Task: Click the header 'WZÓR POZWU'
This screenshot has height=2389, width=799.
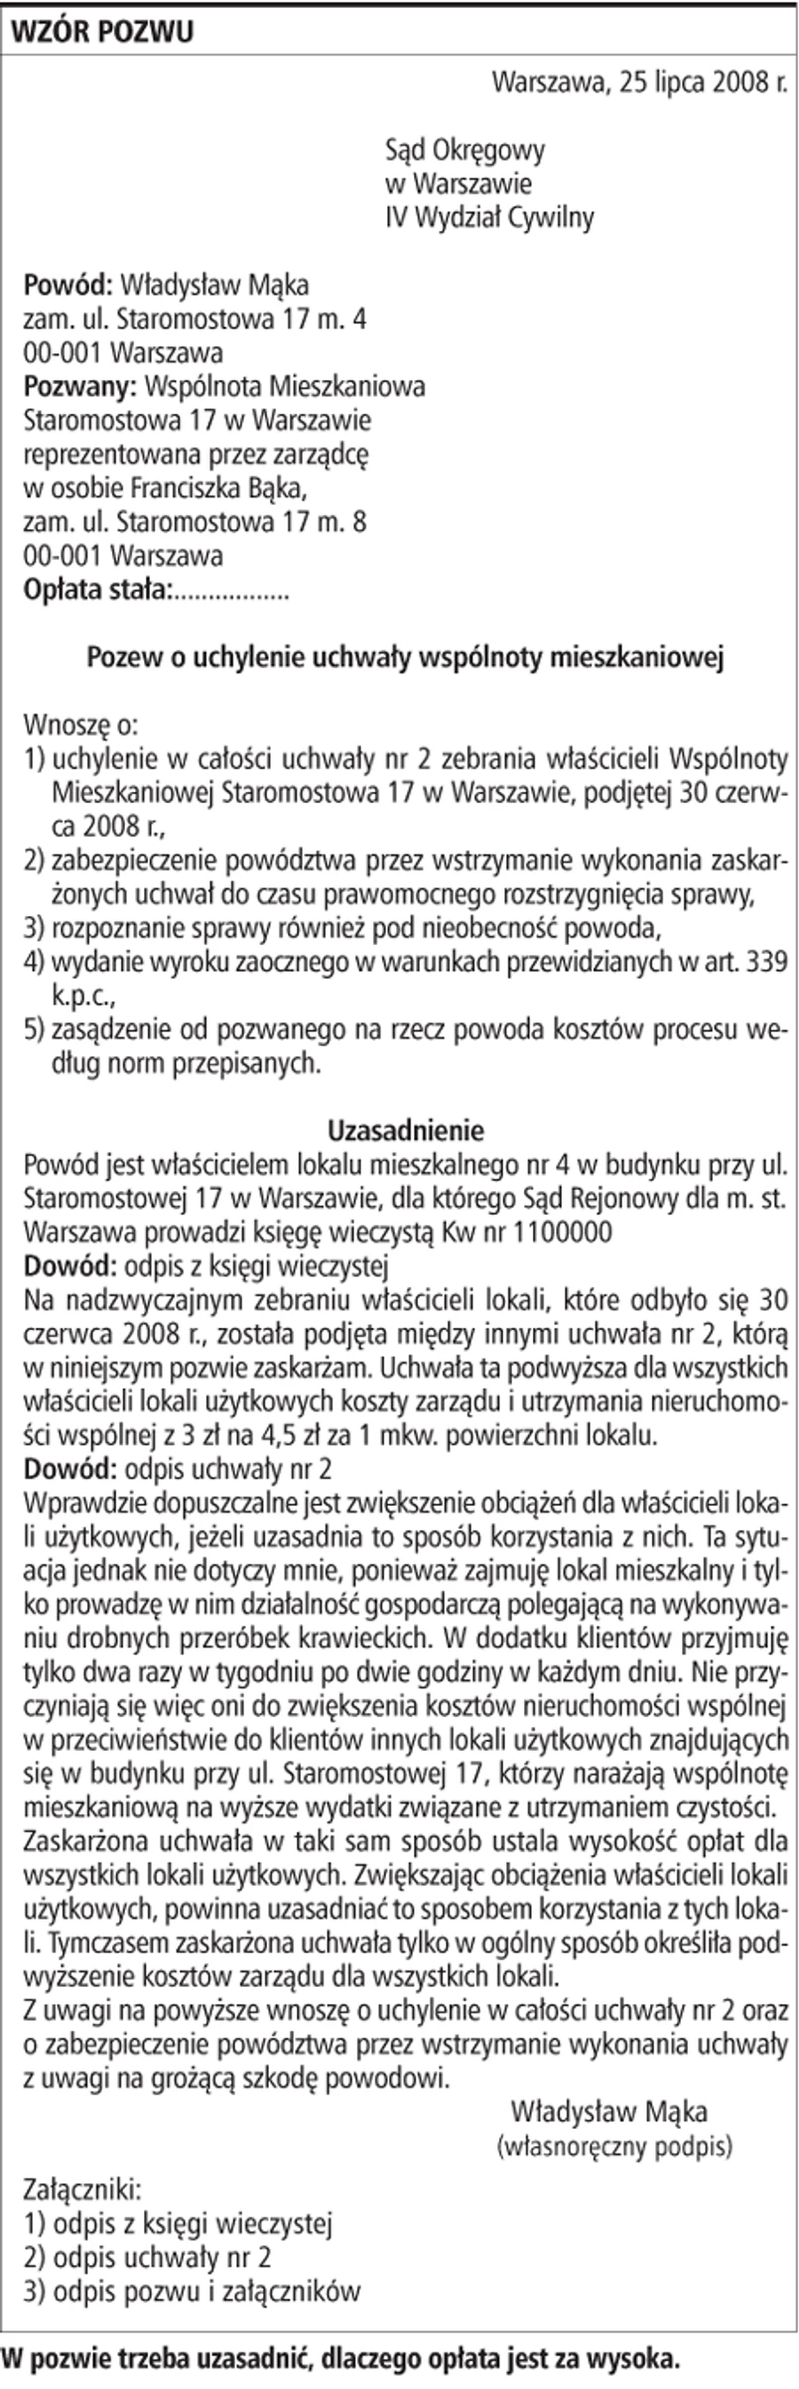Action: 101,32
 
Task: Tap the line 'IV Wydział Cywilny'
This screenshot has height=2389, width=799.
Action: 489,217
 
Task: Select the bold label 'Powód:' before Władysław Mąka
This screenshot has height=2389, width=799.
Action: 67,286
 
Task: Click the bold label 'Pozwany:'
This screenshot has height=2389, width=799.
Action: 79,387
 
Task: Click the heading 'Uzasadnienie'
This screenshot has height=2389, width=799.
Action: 405,1130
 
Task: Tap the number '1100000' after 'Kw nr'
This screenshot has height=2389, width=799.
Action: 561,1232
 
